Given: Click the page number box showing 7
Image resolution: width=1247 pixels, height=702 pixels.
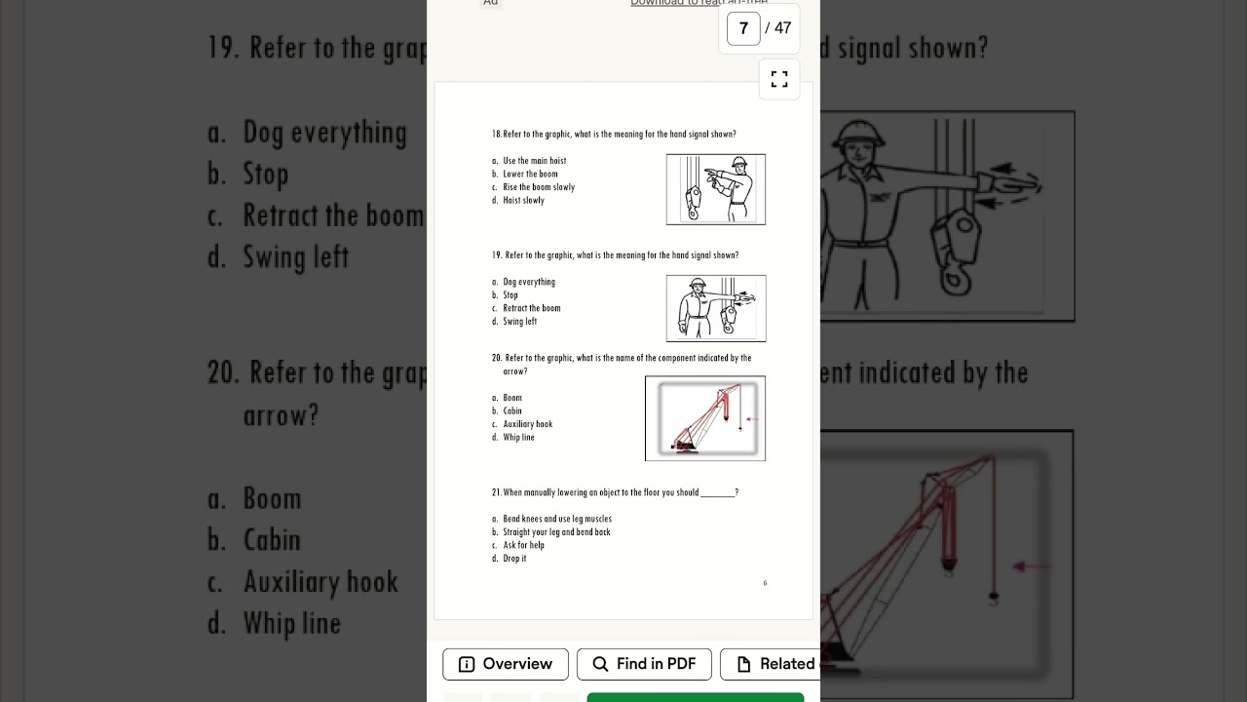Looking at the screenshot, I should tap(743, 28).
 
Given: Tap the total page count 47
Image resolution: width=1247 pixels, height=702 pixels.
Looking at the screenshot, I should tap(782, 28).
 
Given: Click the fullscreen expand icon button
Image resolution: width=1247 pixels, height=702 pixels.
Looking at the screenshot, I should tap(779, 79).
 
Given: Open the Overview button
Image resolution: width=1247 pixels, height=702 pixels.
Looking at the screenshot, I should tap(505, 664).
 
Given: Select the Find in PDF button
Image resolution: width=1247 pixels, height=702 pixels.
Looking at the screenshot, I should tap(644, 664).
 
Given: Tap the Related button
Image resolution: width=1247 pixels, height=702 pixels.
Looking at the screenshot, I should tap(775, 664).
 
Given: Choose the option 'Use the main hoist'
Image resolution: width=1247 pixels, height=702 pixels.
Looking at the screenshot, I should tap(534, 161).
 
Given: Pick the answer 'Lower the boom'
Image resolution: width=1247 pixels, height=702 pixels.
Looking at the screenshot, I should tap(530, 175).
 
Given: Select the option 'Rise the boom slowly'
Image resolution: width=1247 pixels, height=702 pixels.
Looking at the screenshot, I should tap(539, 187).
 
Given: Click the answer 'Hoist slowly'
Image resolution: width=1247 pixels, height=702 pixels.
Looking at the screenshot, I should tap(523, 201).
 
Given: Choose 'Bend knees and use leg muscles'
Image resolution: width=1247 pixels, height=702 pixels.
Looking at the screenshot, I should tap(556, 520).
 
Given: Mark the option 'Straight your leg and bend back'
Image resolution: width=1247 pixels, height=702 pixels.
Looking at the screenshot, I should tap(556, 532).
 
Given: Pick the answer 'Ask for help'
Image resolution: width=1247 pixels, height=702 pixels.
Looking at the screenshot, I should tap(523, 546).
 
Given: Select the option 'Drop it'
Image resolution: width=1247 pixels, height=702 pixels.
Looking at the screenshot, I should tap(514, 559).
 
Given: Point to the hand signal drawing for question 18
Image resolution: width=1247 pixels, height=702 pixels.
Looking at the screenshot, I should tap(716, 189).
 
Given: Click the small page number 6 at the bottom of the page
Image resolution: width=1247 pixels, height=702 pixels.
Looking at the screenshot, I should tap(765, 583).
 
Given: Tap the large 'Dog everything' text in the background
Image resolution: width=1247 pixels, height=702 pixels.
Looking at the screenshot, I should tap(324, 133).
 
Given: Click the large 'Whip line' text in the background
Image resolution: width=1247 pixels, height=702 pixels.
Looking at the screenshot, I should tap(291, 624).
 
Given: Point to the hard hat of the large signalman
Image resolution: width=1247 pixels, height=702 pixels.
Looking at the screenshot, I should tap(858, 135).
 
